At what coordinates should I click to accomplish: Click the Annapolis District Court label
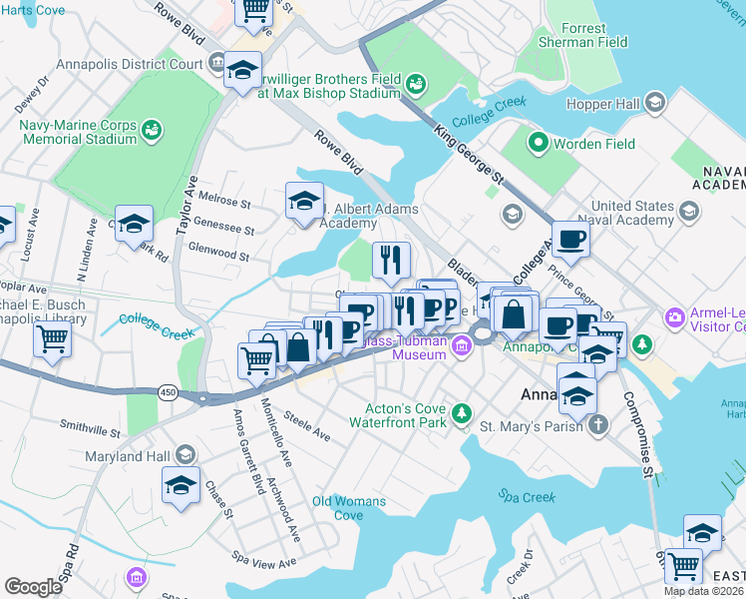point(115,65)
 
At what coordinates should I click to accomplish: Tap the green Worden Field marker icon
point(540,144)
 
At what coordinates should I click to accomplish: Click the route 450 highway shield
point(169,393)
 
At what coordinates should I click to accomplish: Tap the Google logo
point(33,587)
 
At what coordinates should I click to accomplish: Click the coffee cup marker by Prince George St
point(570,240)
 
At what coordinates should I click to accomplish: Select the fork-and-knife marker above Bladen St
point(392,261)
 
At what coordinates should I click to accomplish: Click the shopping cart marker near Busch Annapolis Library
point(52,338)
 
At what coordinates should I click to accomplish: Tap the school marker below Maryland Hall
point(181,486)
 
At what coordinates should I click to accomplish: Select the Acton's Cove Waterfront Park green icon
point(461,412)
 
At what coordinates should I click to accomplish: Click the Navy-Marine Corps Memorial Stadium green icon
point(152,131)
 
